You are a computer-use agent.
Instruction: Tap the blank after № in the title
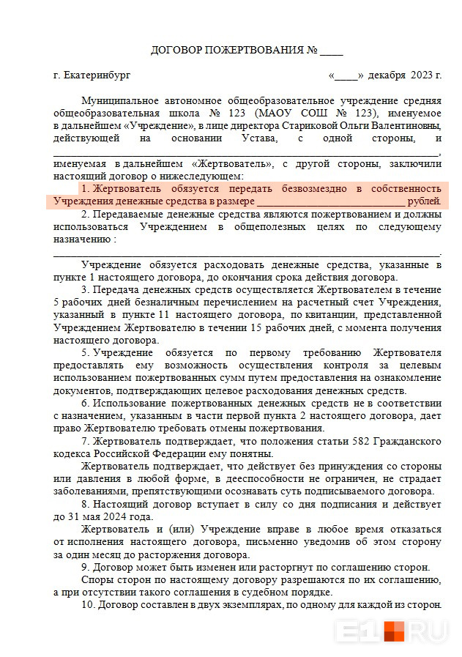[x=332, y=51]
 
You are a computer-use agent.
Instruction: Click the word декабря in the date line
[x=386, y=75]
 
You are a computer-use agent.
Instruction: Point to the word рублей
[x=424, y=201]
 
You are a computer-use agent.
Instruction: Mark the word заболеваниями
[x=92, y=491]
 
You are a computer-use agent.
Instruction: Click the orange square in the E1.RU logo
[x=395, y=631]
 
